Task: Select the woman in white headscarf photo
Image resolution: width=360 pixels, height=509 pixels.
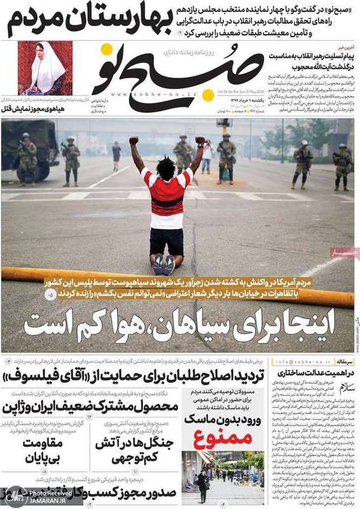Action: click(45, 68)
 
